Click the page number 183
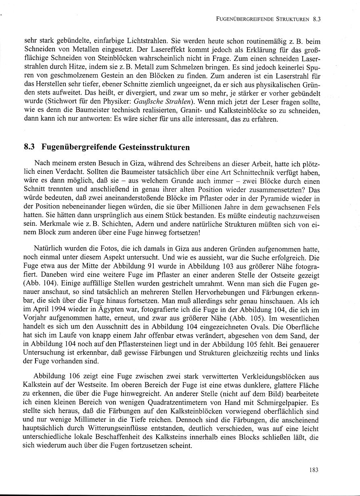pyautogui.click(x=314, y=469)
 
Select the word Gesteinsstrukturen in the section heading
pyautogui.click(x=155, y=147)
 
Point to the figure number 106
pyautogui.click(x=73, y=375)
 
